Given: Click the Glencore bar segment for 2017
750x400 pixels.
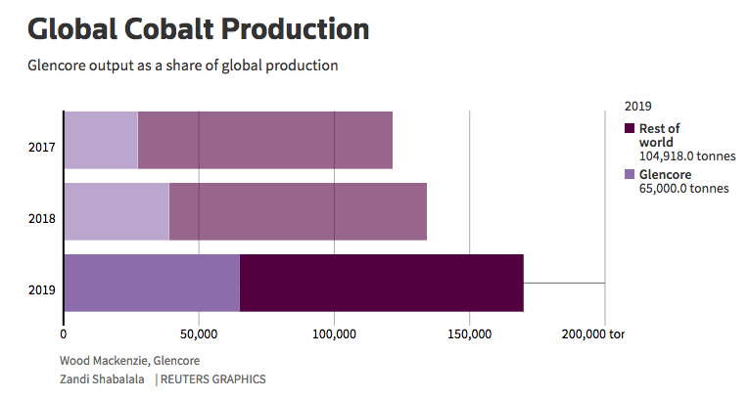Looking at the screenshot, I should tap(101, 140).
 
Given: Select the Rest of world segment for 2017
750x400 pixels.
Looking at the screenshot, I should tap(264, 140).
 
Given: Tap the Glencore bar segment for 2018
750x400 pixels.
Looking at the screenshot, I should tap(117, 211).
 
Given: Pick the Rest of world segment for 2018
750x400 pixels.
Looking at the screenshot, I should tap(298, 211).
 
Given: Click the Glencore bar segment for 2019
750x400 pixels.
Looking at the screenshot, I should tap(152, 283).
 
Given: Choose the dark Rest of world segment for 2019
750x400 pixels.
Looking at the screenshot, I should tap(381, 283).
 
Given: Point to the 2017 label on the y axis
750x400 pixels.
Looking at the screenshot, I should tap(41, 148).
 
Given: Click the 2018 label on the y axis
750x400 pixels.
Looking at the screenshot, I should tap(41, 218).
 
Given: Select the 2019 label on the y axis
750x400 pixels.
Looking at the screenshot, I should tap(41, 289).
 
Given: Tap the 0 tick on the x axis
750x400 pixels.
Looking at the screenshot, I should tap(64, 333).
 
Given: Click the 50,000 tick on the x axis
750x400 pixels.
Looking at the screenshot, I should tap(199, 333).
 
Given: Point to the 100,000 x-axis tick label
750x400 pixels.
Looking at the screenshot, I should tap(334, 333).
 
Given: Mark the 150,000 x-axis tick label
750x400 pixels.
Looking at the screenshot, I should tap(469, 333).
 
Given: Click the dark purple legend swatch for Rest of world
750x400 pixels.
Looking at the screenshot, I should tap(630, 129).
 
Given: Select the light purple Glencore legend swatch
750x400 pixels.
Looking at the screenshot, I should tap(630, 175).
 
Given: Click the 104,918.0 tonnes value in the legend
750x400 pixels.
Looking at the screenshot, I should tap(686, 156).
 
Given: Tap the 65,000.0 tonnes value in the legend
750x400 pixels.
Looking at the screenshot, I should tap(683, 189).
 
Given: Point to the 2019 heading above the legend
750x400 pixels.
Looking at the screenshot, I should tap(637, 105).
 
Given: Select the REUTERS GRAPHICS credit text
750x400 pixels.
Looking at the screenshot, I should tap(212, 378).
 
